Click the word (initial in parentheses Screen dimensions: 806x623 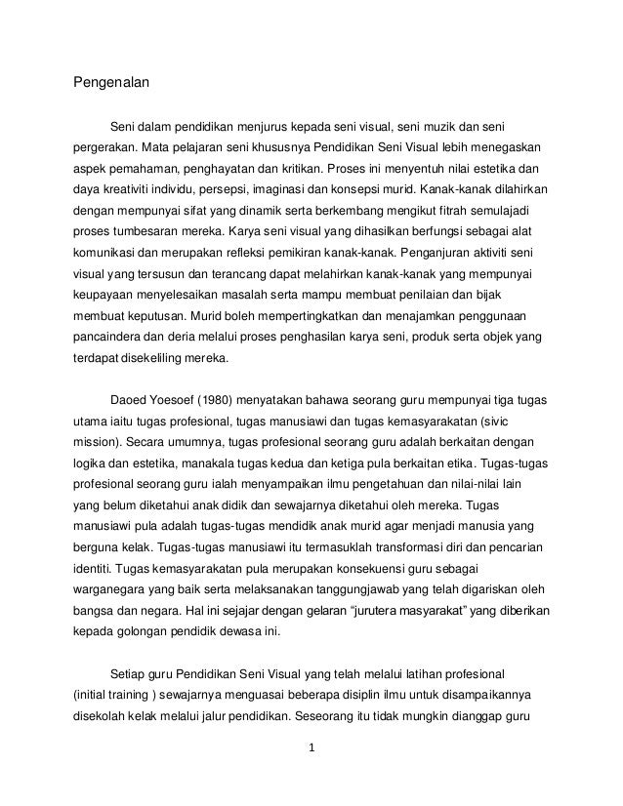[x=96, y=696]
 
